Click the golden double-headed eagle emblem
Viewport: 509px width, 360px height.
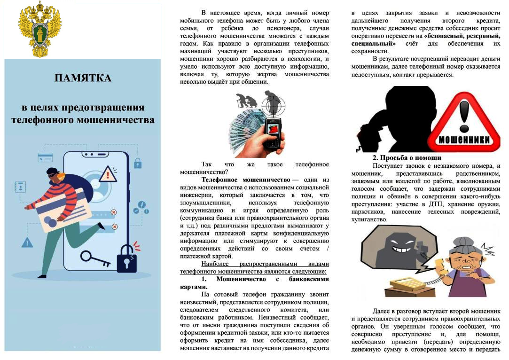click(x=40, y=29)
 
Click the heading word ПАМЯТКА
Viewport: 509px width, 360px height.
click(x=83, y=78)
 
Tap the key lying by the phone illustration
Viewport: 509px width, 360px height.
click(x=95, y=258)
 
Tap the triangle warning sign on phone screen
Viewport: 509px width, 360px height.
click(x=108, y=174)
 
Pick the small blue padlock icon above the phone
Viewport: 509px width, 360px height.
click(x=138, y=163)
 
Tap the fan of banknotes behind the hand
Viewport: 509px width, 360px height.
click(x=247, y=130)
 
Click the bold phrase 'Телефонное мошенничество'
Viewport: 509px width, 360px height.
click(x=245, y=180)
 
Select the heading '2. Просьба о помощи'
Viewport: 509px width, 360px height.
click(x=407, y=158)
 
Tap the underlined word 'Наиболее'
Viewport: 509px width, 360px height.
click(x=215, y=264)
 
